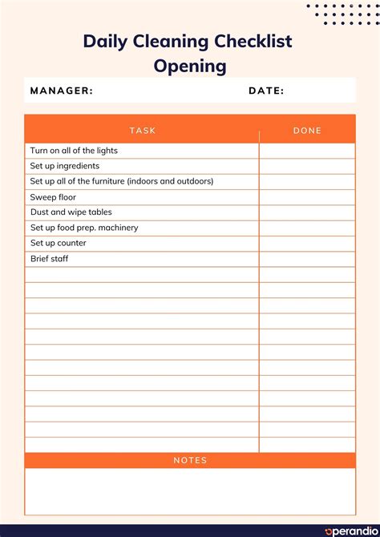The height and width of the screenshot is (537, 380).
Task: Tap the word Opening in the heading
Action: (190, 66)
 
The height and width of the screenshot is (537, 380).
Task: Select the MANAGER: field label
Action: (62, 91)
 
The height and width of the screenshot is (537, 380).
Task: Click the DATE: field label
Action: (266, 91)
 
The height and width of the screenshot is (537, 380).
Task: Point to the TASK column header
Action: (142, 130)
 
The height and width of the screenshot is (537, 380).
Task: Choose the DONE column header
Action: (307, 130)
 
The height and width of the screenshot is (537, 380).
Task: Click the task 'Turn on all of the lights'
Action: (74, 151)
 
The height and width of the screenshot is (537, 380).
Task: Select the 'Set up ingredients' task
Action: (65, 166)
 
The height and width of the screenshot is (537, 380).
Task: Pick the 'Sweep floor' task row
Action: (53, 197)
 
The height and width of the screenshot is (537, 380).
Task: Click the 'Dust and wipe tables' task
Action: (71, 212)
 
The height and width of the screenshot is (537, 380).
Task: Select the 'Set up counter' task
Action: (58, 243)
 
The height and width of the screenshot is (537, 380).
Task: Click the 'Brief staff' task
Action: (49, 259)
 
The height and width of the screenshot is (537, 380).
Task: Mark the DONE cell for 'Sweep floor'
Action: (307, 197)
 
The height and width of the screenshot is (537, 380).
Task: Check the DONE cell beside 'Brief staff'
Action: (307, 259)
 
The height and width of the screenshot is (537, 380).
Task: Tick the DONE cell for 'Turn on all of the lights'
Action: (307, 151)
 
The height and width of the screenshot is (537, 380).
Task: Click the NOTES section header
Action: (190, 460)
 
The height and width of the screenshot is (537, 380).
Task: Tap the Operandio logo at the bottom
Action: (349, 531)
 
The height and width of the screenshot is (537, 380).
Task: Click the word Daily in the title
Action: (105, 42)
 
